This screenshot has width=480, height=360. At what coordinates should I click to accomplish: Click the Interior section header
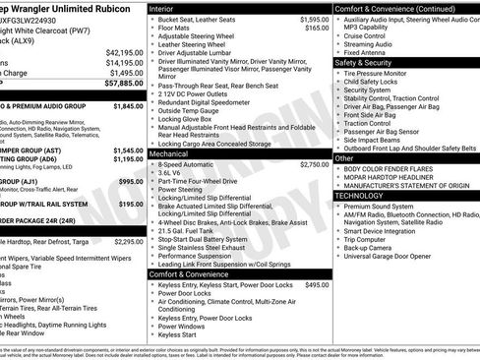pyautogui.click(x=163, y=8)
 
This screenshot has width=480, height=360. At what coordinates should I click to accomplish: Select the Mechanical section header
pyautogui.click(x=170, y=154)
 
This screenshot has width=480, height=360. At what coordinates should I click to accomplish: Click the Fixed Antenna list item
pyautogui.click(x=367, y=53)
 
